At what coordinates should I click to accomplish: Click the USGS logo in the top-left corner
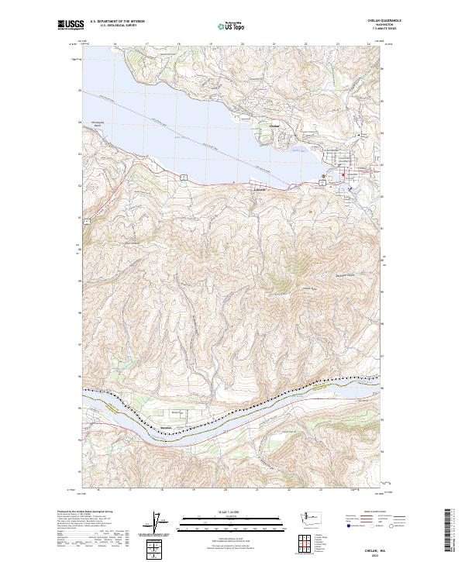click(x=68, y=26)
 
